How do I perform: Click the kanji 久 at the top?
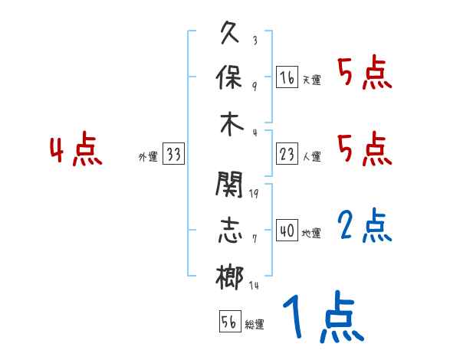point(230,34)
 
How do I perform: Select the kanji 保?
point(230,78)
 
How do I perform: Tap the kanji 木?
point(230,123)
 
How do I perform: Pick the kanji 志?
point(230,231)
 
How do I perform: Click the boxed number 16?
point(287,77)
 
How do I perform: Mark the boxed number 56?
point(229,322)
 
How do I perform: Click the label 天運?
point(311,80)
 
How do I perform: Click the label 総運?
point(255,325)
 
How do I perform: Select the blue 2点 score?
point(366,226)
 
